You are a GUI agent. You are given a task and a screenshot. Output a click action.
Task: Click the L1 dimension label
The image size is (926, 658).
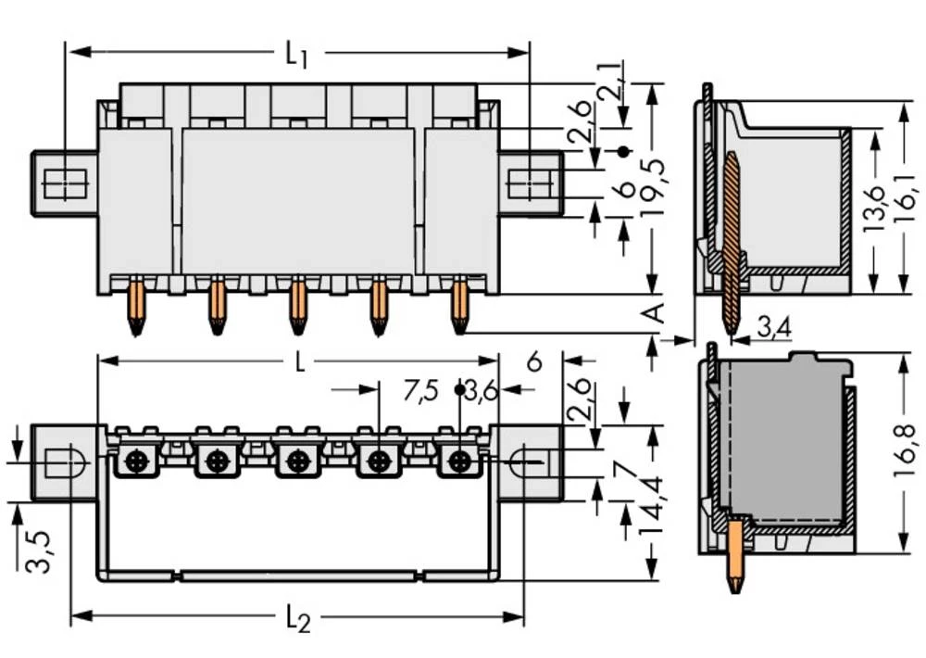coord(295,54)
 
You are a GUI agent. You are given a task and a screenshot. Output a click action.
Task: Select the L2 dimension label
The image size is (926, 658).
coord(297,619)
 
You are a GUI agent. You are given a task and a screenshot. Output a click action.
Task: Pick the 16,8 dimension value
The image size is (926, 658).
coord(909,453)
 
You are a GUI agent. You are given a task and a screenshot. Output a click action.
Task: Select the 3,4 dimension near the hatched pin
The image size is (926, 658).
coord(773,326)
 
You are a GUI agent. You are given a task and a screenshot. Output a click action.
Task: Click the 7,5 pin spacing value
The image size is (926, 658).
coord(420,392)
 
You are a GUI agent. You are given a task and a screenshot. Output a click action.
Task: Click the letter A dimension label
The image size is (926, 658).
coord(654,312)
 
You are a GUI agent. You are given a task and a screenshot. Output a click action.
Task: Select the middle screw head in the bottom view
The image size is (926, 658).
coord(296,460)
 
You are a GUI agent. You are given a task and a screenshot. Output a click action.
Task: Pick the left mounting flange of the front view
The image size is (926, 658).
coord(64,183)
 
